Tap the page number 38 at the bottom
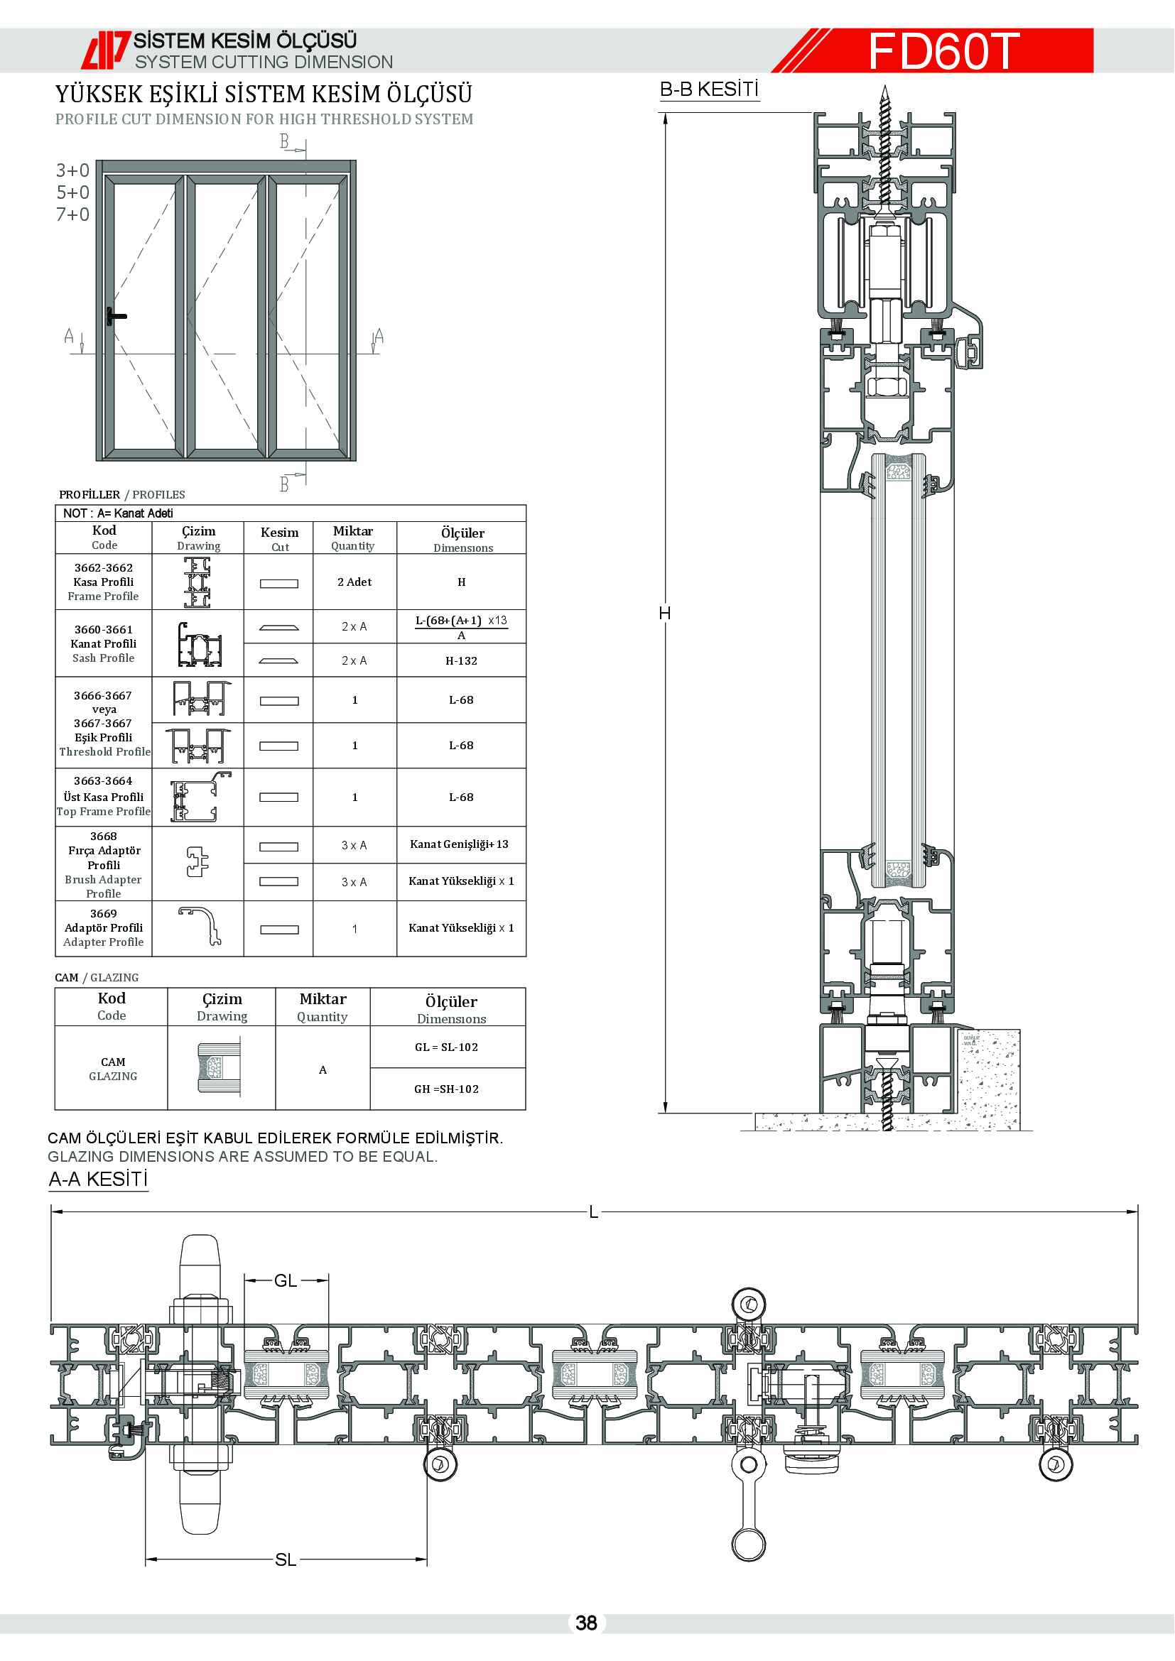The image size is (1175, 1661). coord(586,1623)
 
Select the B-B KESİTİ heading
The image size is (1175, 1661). coord(709,89)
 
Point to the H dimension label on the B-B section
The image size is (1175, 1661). coord(665,614)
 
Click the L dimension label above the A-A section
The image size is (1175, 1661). coord(593,1211)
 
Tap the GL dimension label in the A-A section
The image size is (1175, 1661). coord(286,1280)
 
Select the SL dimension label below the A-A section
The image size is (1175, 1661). coord(286,1559)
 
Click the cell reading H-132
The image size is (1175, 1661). coord(461,660)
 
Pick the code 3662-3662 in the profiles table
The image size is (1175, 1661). coord(104,568)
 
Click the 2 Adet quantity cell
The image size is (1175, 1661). coord(354,582)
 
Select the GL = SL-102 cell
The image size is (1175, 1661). coord(446,1047)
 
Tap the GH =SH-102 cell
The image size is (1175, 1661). coord(446,1089)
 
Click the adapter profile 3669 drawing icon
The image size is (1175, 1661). coord(200,926)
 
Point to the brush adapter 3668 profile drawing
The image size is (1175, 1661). coord(197,861)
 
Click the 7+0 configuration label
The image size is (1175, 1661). coord(73,214)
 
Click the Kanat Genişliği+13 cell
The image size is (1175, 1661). coord(460,844)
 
